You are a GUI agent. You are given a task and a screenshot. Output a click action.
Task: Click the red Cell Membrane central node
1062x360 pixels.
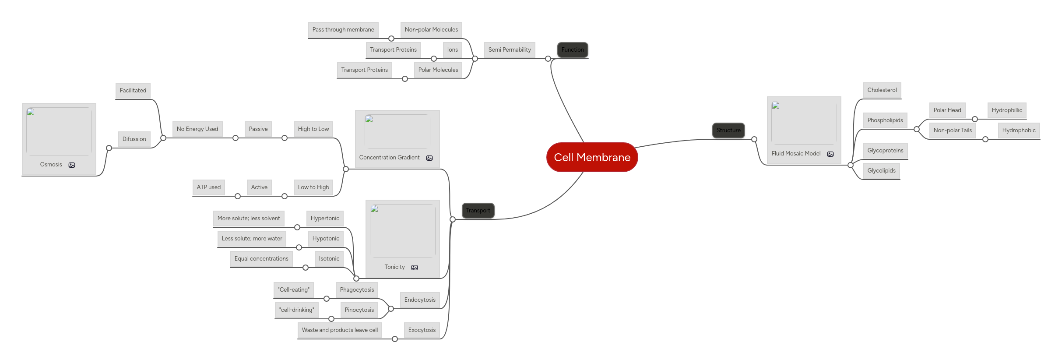click(x=592, y=157)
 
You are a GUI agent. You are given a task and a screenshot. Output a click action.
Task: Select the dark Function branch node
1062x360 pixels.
click(x=573, y=49)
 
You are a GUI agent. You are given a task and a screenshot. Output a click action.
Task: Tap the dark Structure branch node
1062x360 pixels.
click(x=728, y=130)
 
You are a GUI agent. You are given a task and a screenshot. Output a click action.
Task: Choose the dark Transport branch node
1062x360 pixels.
click(x=478, y=210)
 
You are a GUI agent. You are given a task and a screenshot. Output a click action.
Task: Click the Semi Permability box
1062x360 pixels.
click(x=510, y=49)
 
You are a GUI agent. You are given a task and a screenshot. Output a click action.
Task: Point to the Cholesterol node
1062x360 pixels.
click(x=882, y=90)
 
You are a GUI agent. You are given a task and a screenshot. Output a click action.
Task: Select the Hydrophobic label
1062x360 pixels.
click(x=1019, y=130)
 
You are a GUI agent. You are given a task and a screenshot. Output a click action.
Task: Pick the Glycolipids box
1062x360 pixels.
click(x=881, y=170)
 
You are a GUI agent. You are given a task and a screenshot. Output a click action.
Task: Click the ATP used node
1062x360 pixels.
click(x=209, y=187)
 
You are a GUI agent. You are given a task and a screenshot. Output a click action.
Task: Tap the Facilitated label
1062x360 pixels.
click(x=133, y=90)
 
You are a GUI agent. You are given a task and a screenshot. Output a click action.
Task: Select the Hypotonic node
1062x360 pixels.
click(x=326, y=238)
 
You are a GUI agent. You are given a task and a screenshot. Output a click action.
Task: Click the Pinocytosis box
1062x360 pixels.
click(x=359, y=310)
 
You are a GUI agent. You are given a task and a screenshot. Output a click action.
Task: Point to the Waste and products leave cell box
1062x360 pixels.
click(x=340, y=330)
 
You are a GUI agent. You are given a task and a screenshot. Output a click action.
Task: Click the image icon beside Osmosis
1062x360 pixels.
click(x=72, y=165)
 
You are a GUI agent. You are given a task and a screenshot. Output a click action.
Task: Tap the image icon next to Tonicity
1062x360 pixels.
click(x=415, y=267)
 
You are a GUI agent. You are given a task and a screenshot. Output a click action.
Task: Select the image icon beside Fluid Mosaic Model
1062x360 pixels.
click(x=830, y=154)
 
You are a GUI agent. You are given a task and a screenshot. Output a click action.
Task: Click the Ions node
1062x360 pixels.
click(x=453, y=49)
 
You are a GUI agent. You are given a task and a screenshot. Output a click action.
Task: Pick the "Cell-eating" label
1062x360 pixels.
click(x=293, y=289)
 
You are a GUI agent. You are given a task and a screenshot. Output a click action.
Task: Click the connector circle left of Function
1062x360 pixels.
click(x=548, y=59)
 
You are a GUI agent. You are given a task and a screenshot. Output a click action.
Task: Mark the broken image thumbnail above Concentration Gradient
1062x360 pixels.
click(x=397, y=131)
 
